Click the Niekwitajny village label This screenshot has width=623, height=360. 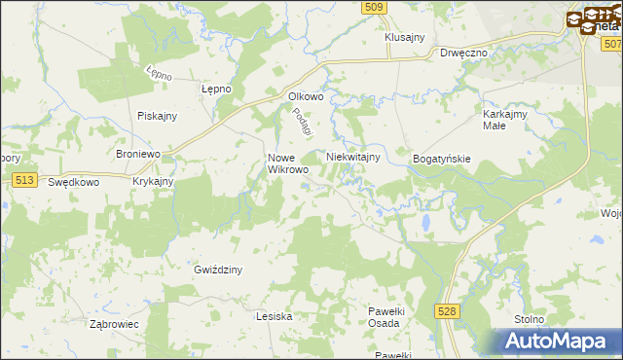(x=351, y=157)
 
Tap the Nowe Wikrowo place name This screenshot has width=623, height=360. (x=288, y=163)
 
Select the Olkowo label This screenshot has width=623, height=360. (x=305, y=96)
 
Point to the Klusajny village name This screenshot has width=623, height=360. (x=405, y=37)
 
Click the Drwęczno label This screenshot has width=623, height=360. (x=463, y=54)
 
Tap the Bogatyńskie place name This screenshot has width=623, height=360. (x=442, y=158)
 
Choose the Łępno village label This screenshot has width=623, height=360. (x=215, y=89)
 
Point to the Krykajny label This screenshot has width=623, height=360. (x=153, y=181)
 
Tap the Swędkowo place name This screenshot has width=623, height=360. (x=74, y=182)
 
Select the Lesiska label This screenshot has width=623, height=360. (x=274, y=316)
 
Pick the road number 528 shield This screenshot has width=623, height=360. (x=447, y=310)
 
